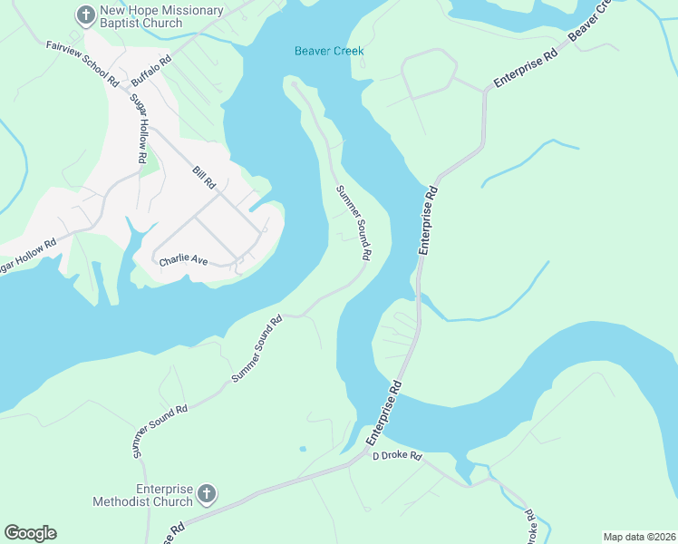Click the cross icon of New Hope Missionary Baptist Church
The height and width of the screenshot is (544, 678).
85,15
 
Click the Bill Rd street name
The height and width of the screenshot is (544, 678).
203,177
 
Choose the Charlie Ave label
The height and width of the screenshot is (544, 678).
184,260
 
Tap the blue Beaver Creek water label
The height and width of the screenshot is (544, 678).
329,51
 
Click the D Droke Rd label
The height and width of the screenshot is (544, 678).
398,456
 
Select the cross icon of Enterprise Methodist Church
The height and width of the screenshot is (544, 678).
206,494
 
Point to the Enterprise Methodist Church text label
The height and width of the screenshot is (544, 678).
142,495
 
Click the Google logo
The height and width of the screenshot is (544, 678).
30,533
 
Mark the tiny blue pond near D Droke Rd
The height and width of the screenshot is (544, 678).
302,448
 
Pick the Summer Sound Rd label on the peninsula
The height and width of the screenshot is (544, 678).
354,222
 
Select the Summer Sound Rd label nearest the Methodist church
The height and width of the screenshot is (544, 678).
160,430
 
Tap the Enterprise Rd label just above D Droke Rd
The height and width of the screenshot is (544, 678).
384,413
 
